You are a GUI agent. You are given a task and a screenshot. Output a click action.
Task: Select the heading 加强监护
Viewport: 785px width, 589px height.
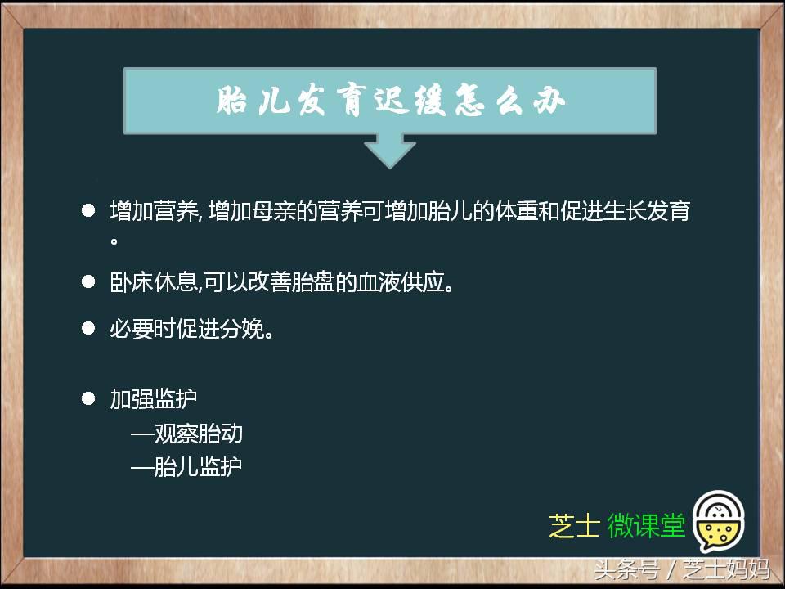tap(154, 399)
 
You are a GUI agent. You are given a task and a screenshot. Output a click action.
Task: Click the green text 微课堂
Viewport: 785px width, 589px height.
tap(646, 527)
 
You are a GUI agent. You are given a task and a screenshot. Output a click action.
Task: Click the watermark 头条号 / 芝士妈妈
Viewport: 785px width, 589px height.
tap(681, 569)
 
